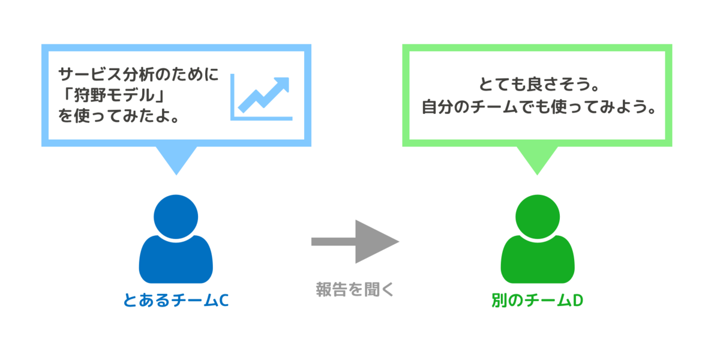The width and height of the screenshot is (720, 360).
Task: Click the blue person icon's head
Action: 175,215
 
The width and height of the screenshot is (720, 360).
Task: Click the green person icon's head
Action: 537,215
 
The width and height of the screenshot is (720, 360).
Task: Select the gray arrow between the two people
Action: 355,241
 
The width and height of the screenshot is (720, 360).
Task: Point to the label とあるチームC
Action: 176,300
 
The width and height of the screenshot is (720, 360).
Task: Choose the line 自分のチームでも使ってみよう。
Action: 537,109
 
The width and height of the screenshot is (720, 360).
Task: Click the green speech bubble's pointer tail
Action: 537,159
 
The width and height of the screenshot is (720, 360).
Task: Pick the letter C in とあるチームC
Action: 223,300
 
